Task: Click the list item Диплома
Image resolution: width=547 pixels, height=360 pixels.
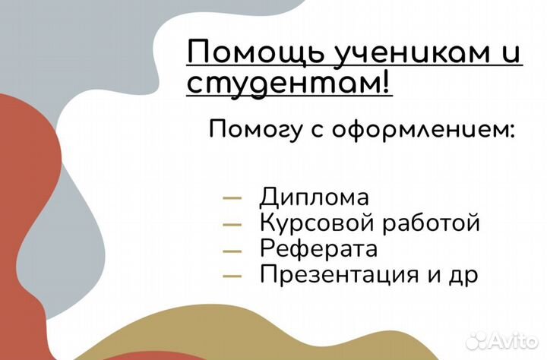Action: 314,197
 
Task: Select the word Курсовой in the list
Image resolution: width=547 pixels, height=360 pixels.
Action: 311,223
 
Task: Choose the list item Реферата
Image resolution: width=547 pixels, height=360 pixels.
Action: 318,248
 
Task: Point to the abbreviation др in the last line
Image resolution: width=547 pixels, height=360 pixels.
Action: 463,274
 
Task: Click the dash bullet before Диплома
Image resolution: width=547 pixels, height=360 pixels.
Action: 232,198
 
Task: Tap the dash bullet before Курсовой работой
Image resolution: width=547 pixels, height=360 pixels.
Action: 232,224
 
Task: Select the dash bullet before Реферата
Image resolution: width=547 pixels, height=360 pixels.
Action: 232,249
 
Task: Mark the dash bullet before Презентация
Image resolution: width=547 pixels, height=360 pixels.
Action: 232,274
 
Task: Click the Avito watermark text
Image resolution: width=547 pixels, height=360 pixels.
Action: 514,339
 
